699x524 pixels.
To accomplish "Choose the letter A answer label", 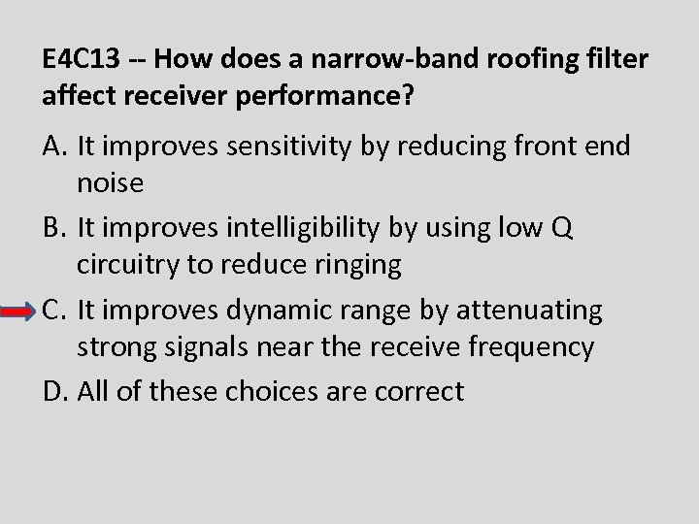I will pyautogui.click(x=53, y=147).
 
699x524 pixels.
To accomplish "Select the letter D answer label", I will pyautogui.click(x=54, y=392).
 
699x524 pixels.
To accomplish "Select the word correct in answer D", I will pyautogui.click(x=413, y=392).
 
